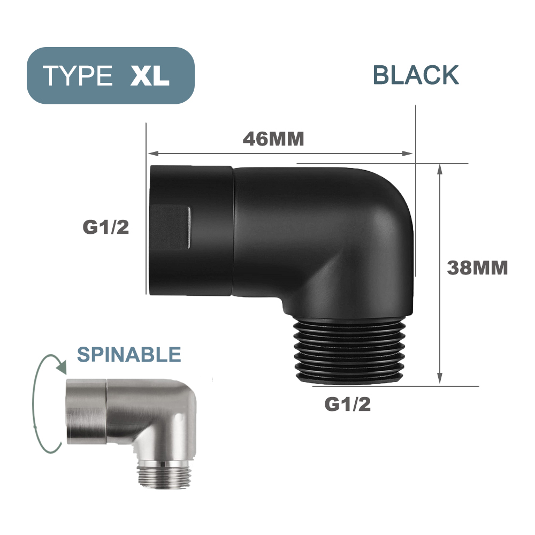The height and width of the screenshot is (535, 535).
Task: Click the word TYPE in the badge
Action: point(78,76)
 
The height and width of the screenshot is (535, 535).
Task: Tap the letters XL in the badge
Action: point(150,76)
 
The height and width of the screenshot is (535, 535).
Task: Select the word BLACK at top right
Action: point(416,75)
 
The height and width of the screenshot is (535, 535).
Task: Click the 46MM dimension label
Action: point(273,139)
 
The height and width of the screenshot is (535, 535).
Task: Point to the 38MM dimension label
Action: point(477,267)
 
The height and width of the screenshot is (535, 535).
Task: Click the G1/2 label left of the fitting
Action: point(106,228)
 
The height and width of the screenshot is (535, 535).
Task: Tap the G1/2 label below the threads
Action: point(347,405)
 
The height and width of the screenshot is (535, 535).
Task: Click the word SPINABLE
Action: point(129,354)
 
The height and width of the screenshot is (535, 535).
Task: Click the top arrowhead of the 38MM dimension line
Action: point(440,169)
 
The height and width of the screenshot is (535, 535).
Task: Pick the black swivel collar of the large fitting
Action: point(190,230)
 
